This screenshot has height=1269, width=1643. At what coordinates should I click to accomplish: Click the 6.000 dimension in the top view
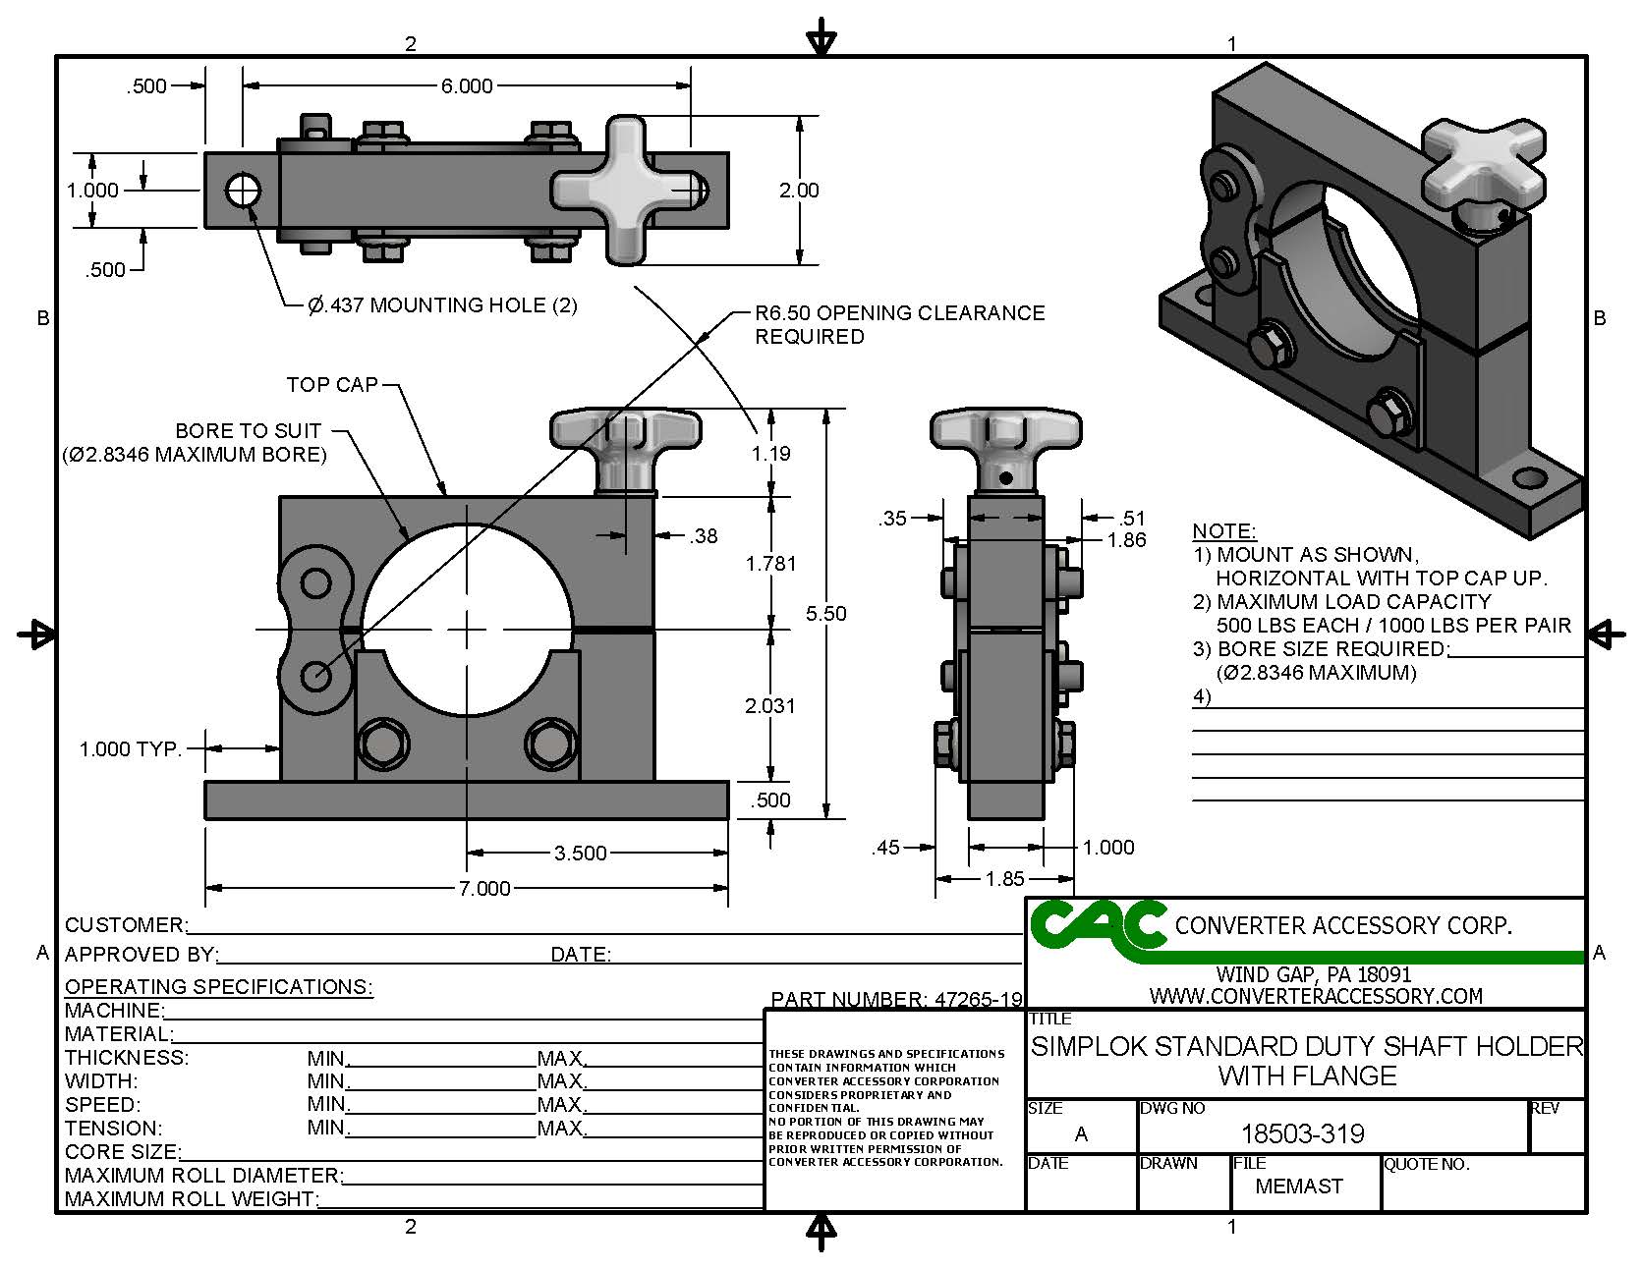coord(467,86)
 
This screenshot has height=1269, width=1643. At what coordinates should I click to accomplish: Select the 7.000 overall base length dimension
coord(484,888)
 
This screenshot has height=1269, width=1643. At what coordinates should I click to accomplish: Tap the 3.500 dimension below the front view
coord(580,853)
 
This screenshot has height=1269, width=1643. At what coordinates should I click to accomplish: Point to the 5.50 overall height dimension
coord(825,613)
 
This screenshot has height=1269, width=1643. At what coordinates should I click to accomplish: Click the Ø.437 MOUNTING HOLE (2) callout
coord(443,305)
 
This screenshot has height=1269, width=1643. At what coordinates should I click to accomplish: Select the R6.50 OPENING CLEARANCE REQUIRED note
coord(899,324)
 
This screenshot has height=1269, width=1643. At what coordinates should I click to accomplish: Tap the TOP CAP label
coord(332,384)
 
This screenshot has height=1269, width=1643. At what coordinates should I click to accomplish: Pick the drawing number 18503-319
coord(1302,1134)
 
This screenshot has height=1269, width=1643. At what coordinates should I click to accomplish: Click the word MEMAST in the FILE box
coord(1299,1186)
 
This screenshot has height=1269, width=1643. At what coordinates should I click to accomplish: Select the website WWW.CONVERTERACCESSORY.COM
coord(1316,996)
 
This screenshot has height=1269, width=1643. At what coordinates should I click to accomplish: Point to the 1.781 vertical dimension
coord(770,563)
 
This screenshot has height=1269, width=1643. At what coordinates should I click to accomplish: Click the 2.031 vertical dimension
coord(770,705)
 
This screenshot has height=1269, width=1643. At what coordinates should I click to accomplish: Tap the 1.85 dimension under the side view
coord(1004,878)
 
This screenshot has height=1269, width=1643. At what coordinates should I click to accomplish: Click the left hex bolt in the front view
coord(378,745)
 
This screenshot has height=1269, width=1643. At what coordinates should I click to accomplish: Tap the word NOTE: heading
coord(1223,531)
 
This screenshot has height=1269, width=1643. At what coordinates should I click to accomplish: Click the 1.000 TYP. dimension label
coord(131,749)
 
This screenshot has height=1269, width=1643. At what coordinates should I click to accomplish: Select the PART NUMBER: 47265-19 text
coord(896,999)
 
